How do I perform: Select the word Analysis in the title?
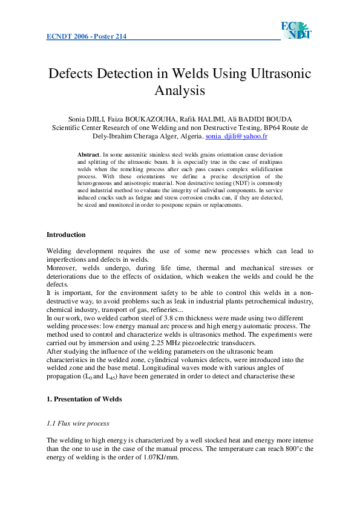coord(180,91)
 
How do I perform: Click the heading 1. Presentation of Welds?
coord(84,399)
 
